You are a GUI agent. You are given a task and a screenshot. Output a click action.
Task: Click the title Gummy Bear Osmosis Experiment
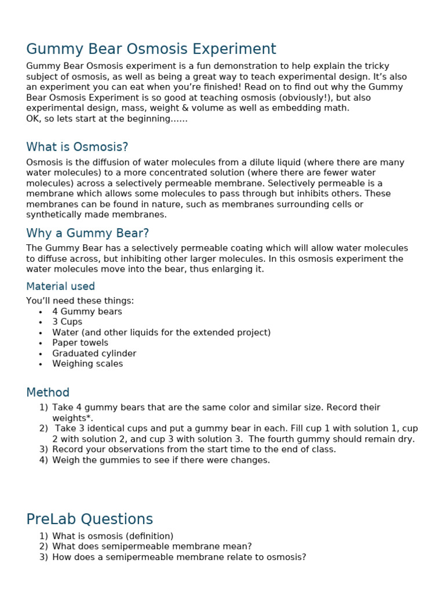point(151,49)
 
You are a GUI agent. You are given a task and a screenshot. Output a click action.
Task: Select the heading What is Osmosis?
point(77,147)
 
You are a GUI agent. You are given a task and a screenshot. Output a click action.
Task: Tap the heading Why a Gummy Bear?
point(87,233)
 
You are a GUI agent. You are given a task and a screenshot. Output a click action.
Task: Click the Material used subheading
point(60,287)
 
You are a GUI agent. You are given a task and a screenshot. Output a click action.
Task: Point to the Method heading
point(48,393)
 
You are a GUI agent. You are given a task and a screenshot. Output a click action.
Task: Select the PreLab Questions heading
point(89,519)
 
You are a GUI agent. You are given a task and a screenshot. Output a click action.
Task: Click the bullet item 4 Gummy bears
point(87,312)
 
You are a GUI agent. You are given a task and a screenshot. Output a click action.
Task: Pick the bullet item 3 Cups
point(67,322)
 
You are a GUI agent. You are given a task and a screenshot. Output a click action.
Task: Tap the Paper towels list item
point(80,343)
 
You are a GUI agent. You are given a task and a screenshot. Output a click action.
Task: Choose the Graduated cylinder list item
point(94,353)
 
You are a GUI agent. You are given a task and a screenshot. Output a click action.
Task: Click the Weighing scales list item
point(87,364)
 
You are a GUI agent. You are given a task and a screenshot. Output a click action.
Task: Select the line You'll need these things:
point(80,301)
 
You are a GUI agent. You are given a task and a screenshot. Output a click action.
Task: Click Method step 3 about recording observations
point(194,449)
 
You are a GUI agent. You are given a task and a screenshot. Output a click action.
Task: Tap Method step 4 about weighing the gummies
point(161,460)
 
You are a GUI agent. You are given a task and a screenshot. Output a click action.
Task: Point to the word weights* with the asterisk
point(72,418)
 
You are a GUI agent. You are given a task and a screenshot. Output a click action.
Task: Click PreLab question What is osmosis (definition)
point(112,536)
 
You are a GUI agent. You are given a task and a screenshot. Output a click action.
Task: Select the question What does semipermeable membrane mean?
point(152,547)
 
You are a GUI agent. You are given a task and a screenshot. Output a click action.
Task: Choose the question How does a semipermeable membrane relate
point(178,557)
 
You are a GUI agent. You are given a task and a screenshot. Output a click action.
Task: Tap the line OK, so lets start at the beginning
point(107,119)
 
